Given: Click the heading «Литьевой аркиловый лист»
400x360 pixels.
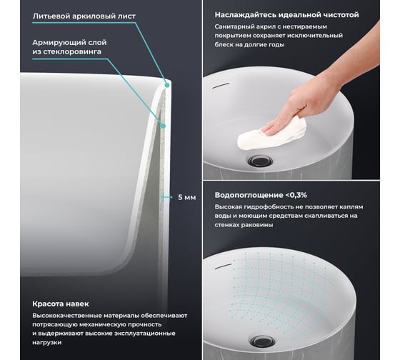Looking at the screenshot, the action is click(x=84, y=16).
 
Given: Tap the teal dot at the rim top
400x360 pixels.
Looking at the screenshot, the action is click(x=167, y=85).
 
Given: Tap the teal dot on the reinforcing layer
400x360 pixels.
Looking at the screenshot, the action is click(x=164, y=126).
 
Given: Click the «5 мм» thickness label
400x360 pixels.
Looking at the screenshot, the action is click(x=186, y=197).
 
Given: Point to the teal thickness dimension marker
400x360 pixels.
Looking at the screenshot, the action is click(x=166, y=197).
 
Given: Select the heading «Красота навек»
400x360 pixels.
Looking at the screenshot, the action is click(x=61, y=304).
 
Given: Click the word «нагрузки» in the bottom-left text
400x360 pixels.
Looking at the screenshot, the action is click(x=47, y=342).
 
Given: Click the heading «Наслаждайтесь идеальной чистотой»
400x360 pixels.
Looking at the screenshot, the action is click(x=286, y=15).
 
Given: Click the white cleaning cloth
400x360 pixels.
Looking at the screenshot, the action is click(x=271, y=134).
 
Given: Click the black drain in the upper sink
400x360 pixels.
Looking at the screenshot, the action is click(x=261, y=161).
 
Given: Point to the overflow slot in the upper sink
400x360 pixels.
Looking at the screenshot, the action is click(x=221, y=86).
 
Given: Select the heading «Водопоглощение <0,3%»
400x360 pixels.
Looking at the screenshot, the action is click(x=261, y=195).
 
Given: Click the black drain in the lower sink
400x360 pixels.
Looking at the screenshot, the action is click(x=263, y=341).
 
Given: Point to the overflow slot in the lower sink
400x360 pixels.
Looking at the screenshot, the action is click(x=223, y=266).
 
